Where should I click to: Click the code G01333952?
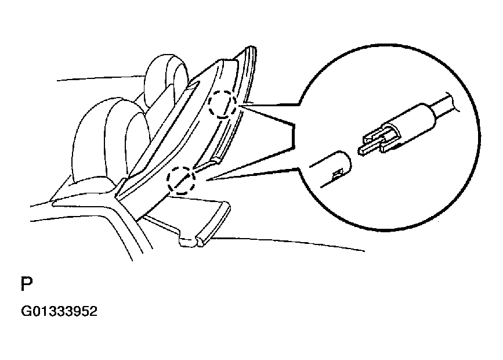pos(59,311)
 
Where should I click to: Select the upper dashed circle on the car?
pos(223,104)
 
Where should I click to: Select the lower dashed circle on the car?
pos(180,179)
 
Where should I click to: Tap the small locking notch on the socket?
pos(336,174)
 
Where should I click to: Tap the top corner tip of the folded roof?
pos(252,47)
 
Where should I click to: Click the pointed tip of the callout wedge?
pos(207,180)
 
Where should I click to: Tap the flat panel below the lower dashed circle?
pos(193,218)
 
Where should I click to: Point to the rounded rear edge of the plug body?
pos(429,113)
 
